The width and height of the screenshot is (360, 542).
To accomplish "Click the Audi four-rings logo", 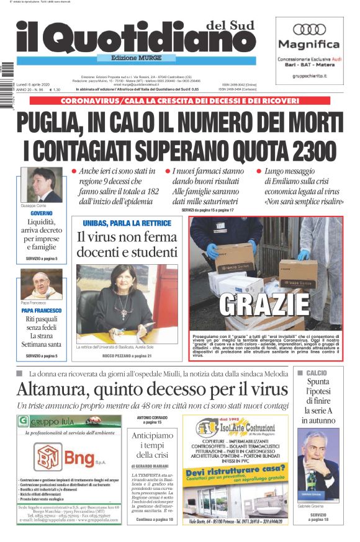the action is pyautogui.click(x=309, y=29).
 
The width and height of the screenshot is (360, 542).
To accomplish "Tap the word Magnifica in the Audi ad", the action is pyautogui.click(x=309, y=45).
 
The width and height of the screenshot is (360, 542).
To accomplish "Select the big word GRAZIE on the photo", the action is pyautogui.click(x=265, y=303).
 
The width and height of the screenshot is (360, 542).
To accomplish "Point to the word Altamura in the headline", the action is pyautogui.click(x=60, y=389).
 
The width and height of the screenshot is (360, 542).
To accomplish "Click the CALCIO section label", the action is pyautogui.click(x=316, y=373).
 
